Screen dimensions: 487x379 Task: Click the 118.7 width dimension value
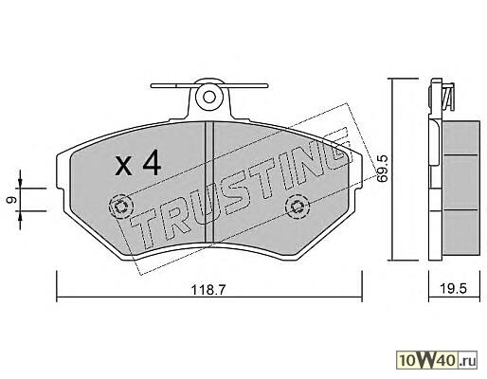tap(208, 289)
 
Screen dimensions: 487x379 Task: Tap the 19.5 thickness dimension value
tap(454, 288)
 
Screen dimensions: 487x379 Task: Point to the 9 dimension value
tap(12, 200)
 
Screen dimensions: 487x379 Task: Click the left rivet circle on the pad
tap(121, 207)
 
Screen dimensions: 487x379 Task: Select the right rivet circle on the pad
tap(297, 207)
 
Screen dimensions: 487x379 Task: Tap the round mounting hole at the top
tap(209, 97)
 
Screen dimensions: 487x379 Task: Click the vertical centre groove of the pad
tap(209, 183)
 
